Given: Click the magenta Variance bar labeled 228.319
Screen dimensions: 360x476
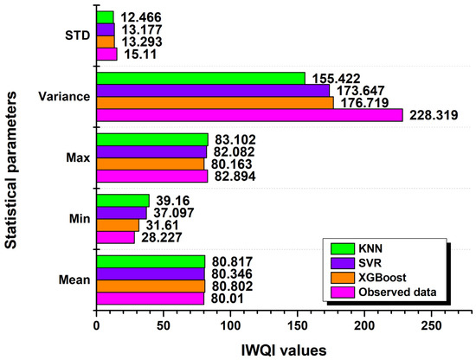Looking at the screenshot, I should pyautogui.click(x=249, y=115).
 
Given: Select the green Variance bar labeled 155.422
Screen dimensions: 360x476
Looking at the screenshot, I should pyautogui.click(x=200, y=78).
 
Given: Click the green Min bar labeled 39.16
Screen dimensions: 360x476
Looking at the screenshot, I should pyautogui.click(x=122, y=200).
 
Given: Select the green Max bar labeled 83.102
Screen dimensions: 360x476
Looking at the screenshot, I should pyautogui.click(x=151, y=139).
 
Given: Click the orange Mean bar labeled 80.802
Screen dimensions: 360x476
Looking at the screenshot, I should pyautogui.click(x=151, y=286).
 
